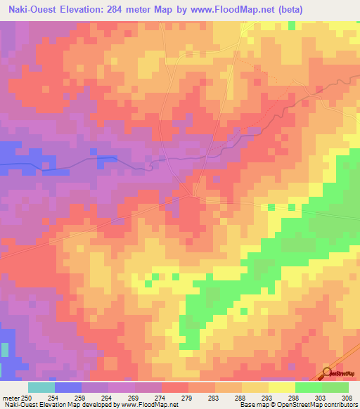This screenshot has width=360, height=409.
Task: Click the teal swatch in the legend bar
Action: click(x=41, y=387)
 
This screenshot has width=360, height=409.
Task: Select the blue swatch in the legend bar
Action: click(x=68, y=387)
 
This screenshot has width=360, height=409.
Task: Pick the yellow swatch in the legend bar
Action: click(x=282, y=387)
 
